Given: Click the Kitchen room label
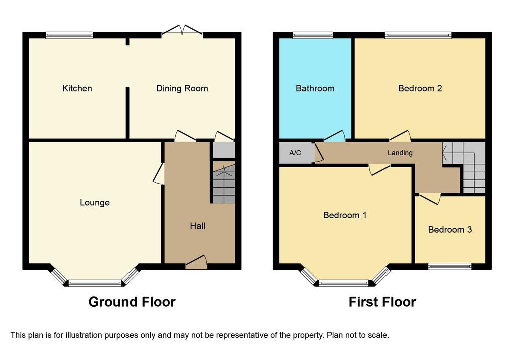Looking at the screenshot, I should pyautogui.click(x=77, y=89).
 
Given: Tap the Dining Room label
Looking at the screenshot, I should pyautogui.click(x=182, y=89).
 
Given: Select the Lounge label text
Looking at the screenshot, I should pyautogui.click(x=94, y=203).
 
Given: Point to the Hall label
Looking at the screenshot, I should pyautogui.click(x=197, y=226).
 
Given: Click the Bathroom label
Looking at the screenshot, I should pyautogui.click(x=315, y=89).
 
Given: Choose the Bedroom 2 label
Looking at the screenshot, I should pyautogui.click(x=420, y=89).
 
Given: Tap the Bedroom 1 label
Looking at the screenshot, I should pyautogui.click(x=344, y=215).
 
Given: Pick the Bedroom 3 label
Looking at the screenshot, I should pyautogui.click(x=450, y=230).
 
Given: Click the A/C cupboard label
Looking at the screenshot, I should pyautogui.click(x=295, y=153).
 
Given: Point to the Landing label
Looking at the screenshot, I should pyautogui.click(x=400, y=153).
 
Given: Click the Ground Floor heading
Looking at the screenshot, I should pyautogui.click(x=132, y=302).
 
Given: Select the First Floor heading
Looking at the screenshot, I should pyautogui.click(x=382, y=302).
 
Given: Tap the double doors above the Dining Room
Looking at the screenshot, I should pyautogui.click(x=182, y=31).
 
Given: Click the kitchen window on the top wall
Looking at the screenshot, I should pyautogui.click(x=69, y=35).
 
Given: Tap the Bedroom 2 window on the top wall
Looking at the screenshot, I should pyautogui.click(x=418, y=35).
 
